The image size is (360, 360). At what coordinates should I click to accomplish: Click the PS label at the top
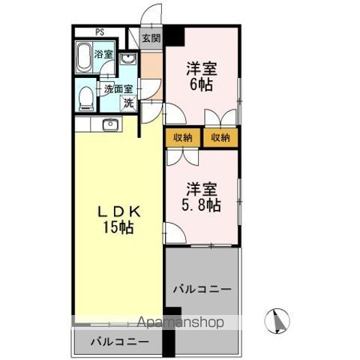[100, 32]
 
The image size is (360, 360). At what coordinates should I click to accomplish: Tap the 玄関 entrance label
[151, 38]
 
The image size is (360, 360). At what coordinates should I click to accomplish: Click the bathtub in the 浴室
[83, 58]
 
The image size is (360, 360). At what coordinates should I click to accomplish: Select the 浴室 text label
[103, 54]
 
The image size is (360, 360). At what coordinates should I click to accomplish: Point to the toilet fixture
[86, 99]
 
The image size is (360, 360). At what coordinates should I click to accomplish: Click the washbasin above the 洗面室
[127, 59]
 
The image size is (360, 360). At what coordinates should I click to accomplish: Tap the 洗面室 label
[118, 89]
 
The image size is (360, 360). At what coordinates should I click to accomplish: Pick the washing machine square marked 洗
[129, 103]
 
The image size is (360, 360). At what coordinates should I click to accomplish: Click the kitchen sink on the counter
[110, 124]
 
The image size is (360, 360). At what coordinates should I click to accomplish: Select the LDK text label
[118, 212]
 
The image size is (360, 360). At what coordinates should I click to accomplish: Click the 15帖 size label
[118, 227]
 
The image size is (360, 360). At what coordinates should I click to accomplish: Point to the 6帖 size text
[202, 84]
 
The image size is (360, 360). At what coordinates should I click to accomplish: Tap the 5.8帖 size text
[201, 205]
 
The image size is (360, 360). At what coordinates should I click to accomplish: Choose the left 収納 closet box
[183, 137]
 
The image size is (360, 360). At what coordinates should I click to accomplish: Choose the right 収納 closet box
[220, 137]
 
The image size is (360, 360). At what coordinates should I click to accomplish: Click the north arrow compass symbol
[277, 321]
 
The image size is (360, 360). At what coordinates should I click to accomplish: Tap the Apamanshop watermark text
[181, 322]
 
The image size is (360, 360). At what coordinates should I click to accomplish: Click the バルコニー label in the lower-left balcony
[120, 341]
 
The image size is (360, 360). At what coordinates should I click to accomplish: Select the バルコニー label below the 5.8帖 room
[202, 289]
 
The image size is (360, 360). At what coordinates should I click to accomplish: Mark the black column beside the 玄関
[174, 36]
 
